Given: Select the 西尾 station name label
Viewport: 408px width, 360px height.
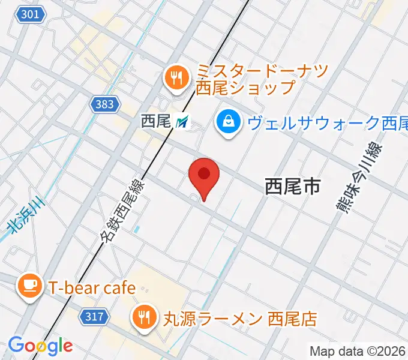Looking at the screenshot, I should pos(156,122).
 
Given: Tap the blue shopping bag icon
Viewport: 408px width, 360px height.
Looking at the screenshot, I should pos(229,123).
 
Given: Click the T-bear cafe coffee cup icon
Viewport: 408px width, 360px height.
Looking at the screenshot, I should pos(29,287).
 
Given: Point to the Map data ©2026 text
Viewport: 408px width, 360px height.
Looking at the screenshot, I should pos(358,351).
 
